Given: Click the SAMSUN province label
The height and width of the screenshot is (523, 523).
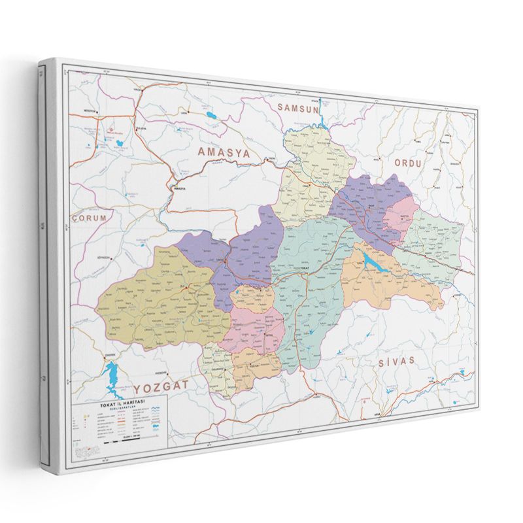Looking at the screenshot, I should click(x=297, y=109).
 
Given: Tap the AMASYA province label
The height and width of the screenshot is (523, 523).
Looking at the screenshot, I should click(x=224, y=152).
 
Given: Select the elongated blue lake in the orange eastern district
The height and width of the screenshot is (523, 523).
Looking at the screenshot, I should click(x=371, y=263).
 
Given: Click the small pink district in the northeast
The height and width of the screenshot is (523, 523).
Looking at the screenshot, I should click(x=396, y=220).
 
